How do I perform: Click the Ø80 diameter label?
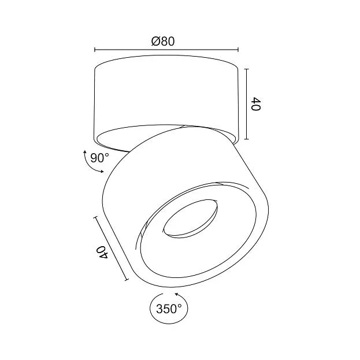click(163, 42)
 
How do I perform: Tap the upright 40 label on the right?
click(256, 104)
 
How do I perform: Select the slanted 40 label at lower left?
click(103, 252)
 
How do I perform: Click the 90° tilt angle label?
click(99, 158)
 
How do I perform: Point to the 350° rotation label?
click(169, 309)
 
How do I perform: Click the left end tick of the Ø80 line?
click(95, 50)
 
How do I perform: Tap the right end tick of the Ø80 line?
click(238, 50)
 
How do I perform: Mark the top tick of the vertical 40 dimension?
click(247, 69)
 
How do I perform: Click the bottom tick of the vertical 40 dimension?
click(247, 139)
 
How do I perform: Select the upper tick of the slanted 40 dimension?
click(95, 217)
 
